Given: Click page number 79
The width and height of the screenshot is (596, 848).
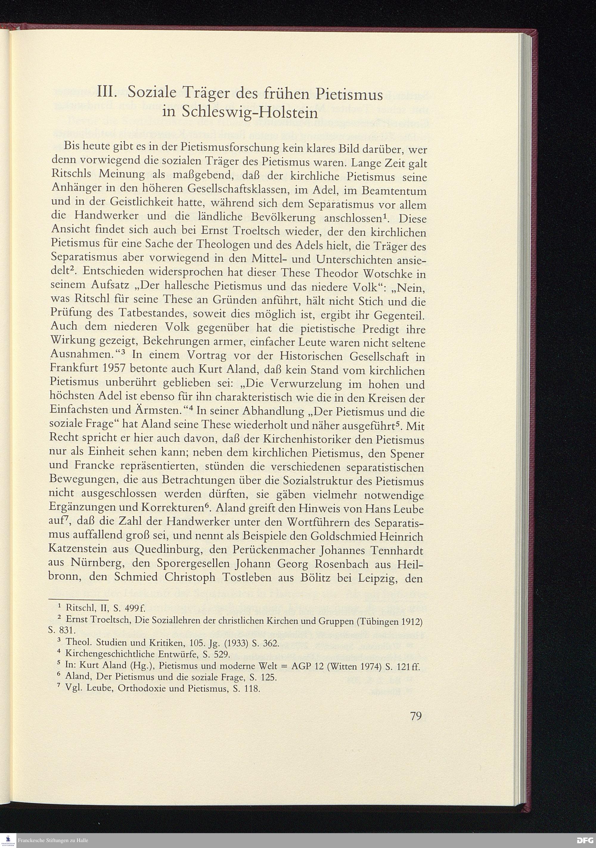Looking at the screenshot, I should (x=416, y=716).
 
